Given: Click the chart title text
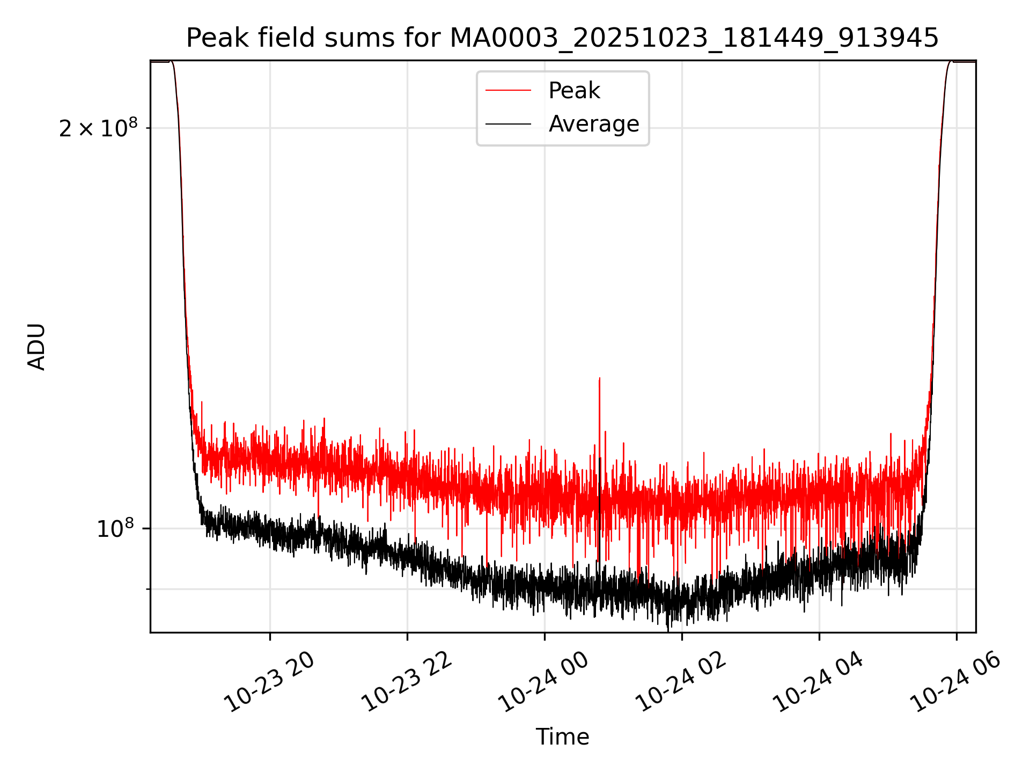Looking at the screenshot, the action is (562, 38).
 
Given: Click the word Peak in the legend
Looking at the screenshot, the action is (574, 90).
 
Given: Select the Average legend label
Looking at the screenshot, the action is (594, 124).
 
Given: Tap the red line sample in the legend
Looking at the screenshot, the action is (508, 91).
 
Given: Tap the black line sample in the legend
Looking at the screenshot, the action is (508, 125).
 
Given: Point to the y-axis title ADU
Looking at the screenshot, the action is (36, 346).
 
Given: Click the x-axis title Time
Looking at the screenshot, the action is (562, 736).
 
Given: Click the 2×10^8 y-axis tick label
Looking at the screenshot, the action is (98, 128).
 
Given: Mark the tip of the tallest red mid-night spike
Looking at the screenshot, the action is (599, 378).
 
